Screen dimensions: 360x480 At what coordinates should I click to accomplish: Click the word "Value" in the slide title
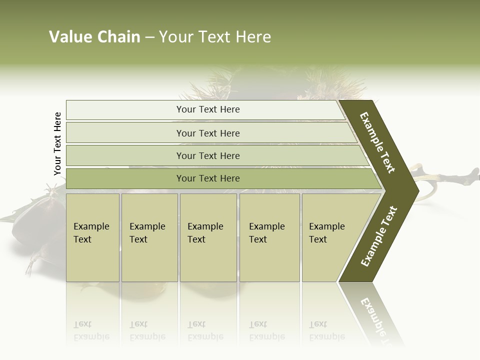[x=69, y=37]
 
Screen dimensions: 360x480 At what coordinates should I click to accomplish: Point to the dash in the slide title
[x=149, y=37]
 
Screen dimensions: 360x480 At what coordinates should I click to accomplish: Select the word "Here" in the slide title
[x=253, y=37]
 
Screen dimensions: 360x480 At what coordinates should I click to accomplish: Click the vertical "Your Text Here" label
[x=57, y=143]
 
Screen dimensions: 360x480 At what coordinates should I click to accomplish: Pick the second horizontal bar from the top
[x=207, y=133]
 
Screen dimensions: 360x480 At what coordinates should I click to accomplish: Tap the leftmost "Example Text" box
[x=92, y=237]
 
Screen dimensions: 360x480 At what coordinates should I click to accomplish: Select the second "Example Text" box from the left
[x=149, y=237]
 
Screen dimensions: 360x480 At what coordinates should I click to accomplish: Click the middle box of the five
[x=208, y=237]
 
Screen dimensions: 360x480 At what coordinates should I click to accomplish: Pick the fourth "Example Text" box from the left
[x=269, y=237]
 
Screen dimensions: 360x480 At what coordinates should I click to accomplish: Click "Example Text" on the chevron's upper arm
[x=377, y=142]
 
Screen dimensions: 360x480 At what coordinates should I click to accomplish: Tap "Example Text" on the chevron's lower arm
[x=379, y=236]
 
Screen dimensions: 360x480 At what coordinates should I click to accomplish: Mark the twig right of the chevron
[x=450, y=177]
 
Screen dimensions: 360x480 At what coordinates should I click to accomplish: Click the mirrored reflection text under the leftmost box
[x=91, y=330]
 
